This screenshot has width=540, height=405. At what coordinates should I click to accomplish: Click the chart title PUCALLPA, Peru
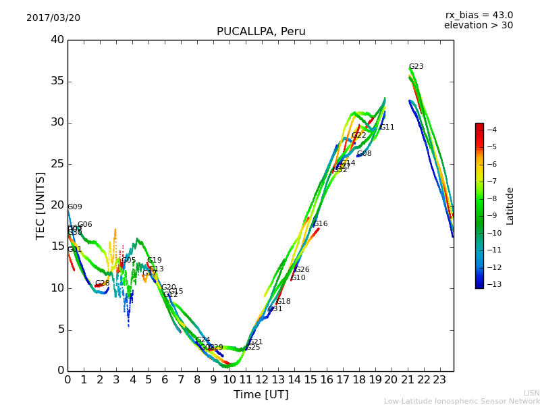[261, 32]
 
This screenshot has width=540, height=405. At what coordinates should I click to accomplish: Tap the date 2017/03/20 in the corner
[53, 18]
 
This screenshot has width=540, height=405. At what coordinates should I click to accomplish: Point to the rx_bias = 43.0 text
[479, 15]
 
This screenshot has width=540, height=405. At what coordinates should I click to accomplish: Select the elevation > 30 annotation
[478, 26]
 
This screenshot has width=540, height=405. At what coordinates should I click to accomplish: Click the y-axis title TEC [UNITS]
[40, 205]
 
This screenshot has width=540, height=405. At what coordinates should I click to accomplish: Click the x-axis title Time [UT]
[261, 395]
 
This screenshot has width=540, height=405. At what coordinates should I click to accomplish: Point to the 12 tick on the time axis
[262, 379]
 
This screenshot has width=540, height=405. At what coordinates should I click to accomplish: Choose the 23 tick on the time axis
[439, 379]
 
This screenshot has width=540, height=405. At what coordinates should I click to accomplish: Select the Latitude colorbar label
[510, 206]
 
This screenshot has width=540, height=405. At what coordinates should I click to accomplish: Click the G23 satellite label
[416, 67]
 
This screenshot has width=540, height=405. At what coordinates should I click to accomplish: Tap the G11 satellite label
[387, 128]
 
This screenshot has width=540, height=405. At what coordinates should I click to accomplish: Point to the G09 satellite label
[75, 207]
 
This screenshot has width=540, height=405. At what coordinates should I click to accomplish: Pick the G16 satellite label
[321, 224]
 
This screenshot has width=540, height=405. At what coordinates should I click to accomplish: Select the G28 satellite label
[102, 283]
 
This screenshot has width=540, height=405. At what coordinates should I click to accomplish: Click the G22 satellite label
[359, 136]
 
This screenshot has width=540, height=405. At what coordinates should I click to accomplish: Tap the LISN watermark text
[531, 393]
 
